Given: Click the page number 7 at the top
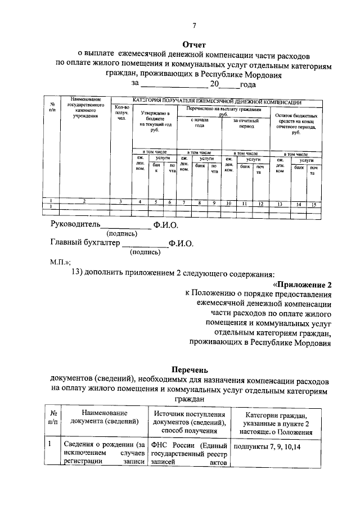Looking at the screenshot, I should point(193,25).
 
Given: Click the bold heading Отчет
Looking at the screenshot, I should point(195,44).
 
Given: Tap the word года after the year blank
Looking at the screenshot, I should point(248,84).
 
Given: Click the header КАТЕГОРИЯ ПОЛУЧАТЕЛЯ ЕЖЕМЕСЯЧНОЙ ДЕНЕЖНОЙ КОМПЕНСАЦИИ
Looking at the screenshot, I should point(217,102).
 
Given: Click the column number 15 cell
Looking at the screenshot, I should point(314,204).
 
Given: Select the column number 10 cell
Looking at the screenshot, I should point(229,204).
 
